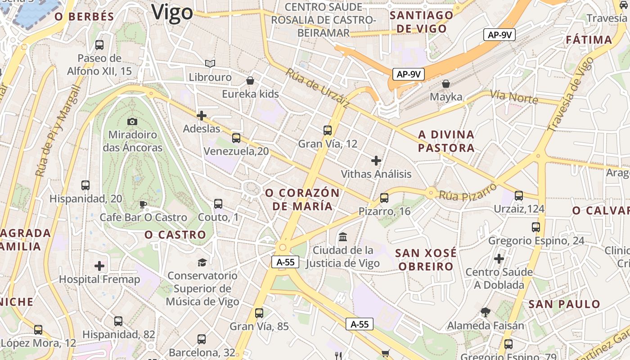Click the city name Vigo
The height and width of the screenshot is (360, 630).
click(x=172, y=13)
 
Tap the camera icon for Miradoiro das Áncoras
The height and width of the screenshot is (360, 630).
click(x=132, y=121)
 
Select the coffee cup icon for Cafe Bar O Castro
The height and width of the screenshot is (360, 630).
click(x=143, y=205)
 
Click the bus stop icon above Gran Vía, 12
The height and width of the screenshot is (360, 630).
click(x=328, y=130)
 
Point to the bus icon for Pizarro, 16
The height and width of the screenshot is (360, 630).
click(x=384, y=198)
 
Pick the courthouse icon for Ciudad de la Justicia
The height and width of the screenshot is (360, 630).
click(x=343, y=237)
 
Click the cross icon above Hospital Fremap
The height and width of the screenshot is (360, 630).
click(x=99, y=266)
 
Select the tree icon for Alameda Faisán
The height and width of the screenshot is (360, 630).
click(x=485, y=312)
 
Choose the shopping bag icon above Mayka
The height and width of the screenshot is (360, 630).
click(x=446, y=84)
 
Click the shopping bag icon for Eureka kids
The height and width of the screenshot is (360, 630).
click(x=250, y=81)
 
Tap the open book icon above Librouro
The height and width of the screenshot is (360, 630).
click(x=210, y=64)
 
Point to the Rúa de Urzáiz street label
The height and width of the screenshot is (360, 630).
click(x=318, y=88)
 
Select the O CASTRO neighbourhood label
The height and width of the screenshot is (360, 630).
click(x=175, y=234)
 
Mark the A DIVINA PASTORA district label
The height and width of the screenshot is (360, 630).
click(x=446, y=141)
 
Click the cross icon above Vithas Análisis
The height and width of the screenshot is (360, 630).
click(x=376, y=161)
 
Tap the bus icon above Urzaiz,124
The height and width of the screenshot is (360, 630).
click(x=519, y=196)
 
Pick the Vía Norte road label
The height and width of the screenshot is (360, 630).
click(x=514, y=97)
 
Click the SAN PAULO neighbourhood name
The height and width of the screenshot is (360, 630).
click(x=564, y=304)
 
